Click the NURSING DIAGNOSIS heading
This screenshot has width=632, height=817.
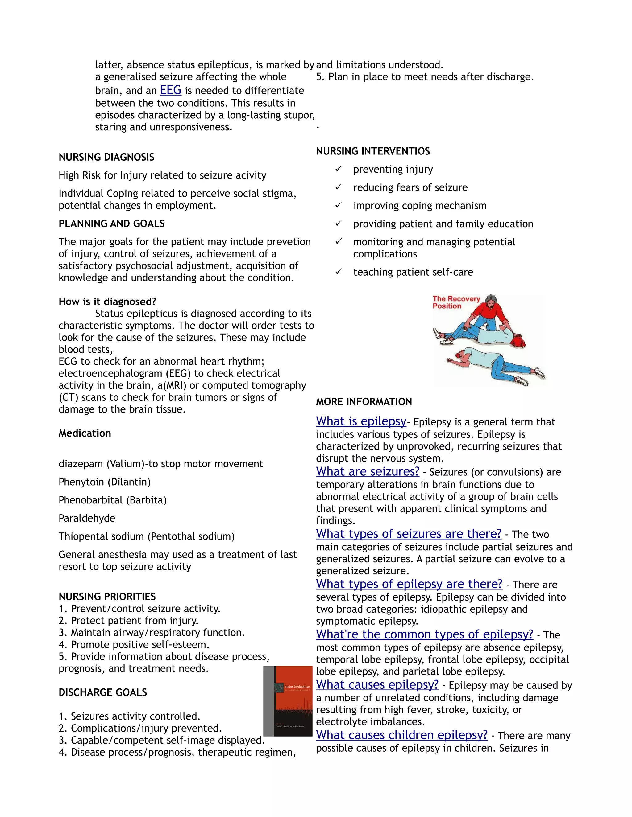click(106, 157)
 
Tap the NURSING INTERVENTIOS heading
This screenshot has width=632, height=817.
click(373, 151)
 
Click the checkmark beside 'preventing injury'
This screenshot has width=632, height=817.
click(339, 169)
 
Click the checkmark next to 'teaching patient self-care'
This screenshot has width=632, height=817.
click(339, 272)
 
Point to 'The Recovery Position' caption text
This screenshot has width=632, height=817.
click(456, 302)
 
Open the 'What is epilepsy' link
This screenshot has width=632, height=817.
click(361, 421)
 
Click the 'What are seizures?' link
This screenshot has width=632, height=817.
click(368, 471)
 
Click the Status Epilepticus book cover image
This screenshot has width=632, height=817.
click(288, 701)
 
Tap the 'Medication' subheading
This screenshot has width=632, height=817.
click(85, 433)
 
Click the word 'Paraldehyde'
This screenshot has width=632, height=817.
click(87, 518)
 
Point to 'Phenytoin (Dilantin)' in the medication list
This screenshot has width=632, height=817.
click(105, 482)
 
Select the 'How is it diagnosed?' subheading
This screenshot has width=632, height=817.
click(107, 302)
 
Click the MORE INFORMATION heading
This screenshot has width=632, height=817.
click(364, 402)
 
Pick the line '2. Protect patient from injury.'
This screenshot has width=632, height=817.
click(128, 620)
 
